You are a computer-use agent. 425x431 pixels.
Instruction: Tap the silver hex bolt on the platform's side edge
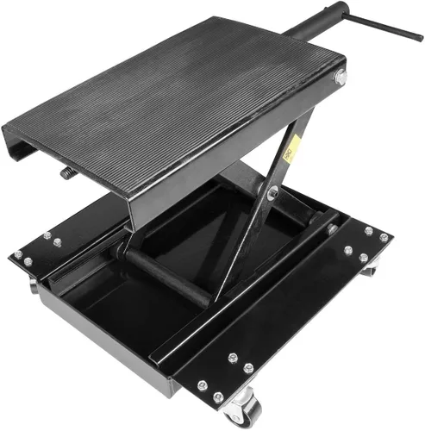[x=340, y=78]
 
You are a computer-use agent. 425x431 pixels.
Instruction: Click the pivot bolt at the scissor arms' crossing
[x=273, y=194]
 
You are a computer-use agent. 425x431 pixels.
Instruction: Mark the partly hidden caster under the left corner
[x=32, y=285]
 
